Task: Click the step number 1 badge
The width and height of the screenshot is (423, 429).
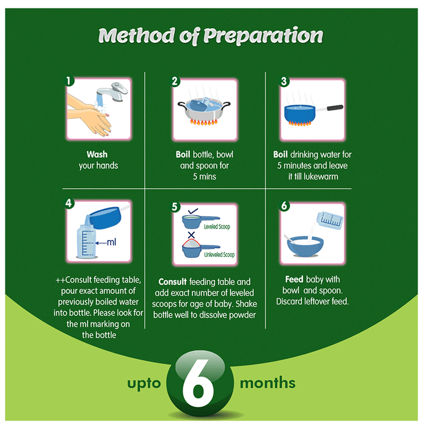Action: [x=69, y=81]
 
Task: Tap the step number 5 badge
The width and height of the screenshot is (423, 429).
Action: [x=175, y=207]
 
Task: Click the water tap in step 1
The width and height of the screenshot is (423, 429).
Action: [x=112, y=92]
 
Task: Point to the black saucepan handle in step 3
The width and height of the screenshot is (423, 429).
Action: [x=335, y=107]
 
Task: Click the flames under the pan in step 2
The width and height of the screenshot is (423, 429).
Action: [x=204, y=121]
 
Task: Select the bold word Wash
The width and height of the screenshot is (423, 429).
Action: [x=97, y=154]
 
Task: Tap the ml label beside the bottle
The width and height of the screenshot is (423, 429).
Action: [x=112, y=242]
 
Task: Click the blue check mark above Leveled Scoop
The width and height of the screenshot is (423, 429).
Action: [x=193, y=211]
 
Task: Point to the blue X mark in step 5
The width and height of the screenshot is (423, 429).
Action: [x=191, y=235]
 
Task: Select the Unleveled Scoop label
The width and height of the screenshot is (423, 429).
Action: [x=219, y=255]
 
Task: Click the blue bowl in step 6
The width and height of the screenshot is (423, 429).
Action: [x=305, y=246]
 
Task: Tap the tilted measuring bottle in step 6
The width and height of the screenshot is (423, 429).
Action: [x=330, y=221]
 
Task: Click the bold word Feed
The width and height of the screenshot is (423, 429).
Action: [x=294, y=279]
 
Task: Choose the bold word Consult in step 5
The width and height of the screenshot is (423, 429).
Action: [x=172, y=282]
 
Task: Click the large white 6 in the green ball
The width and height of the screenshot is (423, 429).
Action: [x=198, y=382]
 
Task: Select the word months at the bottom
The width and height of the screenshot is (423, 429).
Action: [x=267, y=383]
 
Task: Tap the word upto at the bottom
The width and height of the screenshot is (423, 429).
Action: [x=144, y=384]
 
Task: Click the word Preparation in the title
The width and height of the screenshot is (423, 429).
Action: [x=263, y=36]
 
